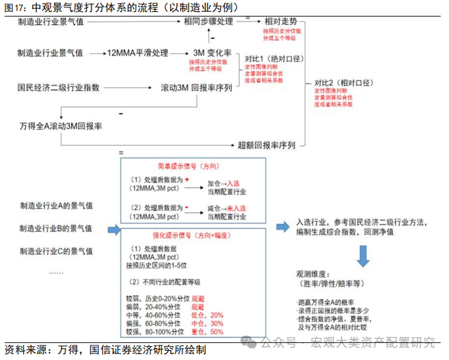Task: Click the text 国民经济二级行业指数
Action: pyautogui.click(x=59, y=86)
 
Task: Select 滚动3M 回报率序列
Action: pyautogui.click(x=196, y=87)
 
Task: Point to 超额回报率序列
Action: pyautogui.click(x=267, y=145)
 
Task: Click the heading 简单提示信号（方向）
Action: pyautogui.click(x=192, y=166)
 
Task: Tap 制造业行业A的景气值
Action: pyautogui.click(x=57, y=206)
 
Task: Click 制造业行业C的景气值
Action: pyautogui.click(x=57, y=251)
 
